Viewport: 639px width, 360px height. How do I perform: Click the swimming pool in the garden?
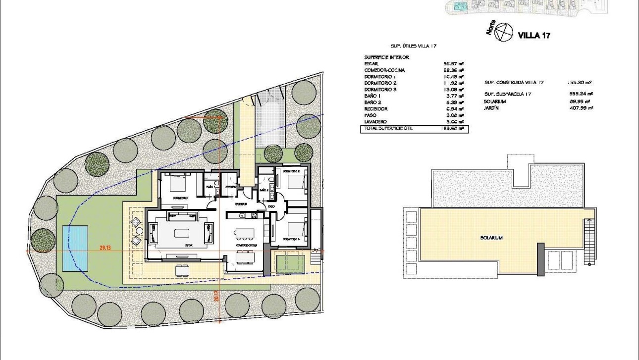(x=75, y=248)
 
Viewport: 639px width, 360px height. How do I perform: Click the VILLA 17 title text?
(x=533, y=35)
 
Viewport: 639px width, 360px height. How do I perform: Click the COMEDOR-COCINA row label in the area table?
(x=384, y=70)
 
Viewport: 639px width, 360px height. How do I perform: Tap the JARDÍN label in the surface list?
(x=491, y=107)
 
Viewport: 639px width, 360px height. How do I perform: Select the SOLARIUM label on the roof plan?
(x=491, y=238)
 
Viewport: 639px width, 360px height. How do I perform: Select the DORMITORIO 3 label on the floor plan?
(x=291, y=239)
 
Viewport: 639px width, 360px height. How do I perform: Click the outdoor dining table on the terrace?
(x=182, y=270)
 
